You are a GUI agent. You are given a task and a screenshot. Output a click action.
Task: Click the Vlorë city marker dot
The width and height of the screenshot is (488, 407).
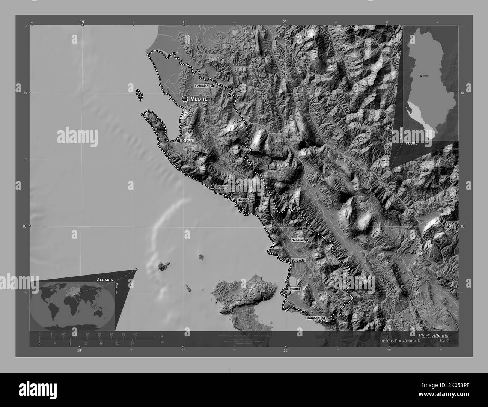(184, 99)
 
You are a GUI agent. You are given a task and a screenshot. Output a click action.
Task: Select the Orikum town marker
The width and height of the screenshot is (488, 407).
(178, 141)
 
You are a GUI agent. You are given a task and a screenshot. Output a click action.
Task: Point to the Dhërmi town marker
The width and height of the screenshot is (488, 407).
(212, 187)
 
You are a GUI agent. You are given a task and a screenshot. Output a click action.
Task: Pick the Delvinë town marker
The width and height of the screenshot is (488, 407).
(306, 240)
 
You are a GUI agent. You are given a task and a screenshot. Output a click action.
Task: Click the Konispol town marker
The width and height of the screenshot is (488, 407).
(324, 318)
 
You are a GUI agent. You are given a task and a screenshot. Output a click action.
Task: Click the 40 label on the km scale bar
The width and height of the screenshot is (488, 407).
(136, 335)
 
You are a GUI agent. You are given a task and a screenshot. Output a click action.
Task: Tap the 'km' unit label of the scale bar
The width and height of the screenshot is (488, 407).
(162, 336)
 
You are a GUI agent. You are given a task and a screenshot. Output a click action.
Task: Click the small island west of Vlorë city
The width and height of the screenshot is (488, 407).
(140, 95)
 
